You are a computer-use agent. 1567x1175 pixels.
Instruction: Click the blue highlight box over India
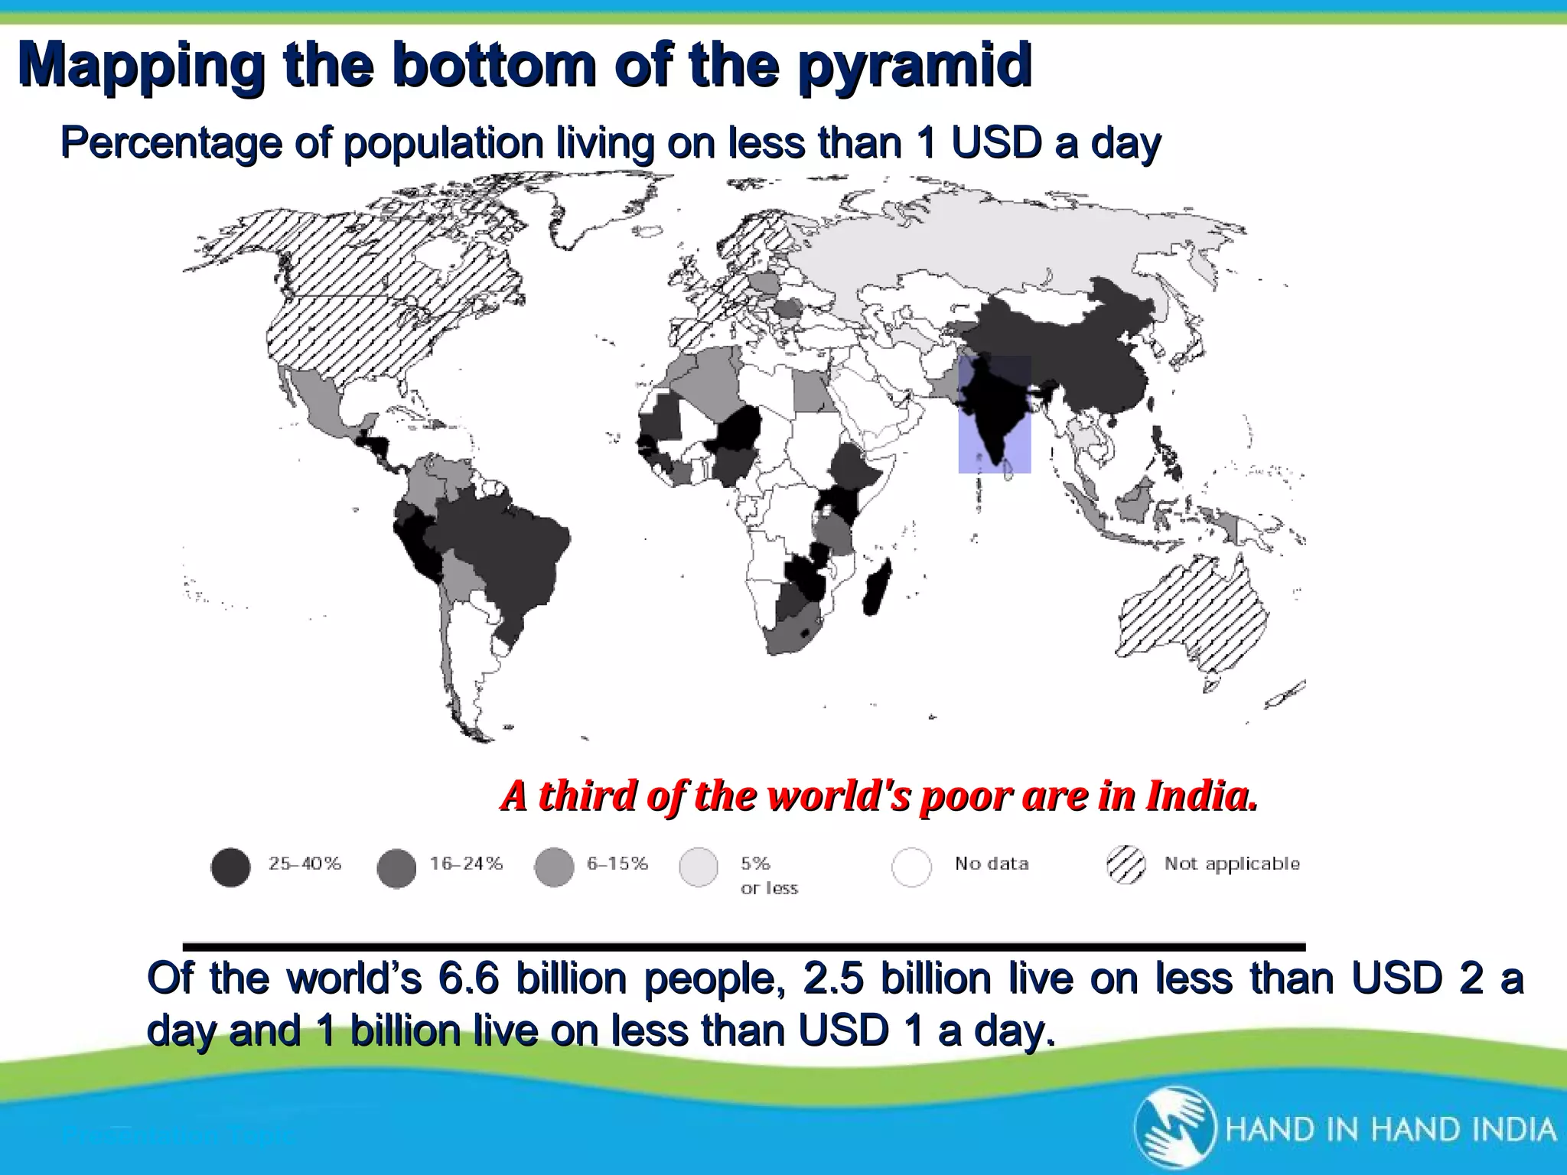pos(994,414)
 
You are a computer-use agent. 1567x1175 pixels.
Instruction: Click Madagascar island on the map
pos(877,588)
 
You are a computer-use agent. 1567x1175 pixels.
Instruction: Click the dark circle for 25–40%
pos(230,867)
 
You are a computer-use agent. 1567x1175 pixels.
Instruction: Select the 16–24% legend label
pos(466,864)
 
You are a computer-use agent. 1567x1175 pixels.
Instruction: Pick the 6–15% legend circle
pos(554,867)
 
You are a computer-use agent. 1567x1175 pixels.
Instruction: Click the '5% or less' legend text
pos(768,875)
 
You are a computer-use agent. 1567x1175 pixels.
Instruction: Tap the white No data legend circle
pos(911,867)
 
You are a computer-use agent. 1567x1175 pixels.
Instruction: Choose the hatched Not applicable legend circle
pos(1126,866)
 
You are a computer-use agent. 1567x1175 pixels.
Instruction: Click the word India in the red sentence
pos(1201,796)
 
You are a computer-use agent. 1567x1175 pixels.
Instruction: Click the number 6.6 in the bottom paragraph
pos(470,978)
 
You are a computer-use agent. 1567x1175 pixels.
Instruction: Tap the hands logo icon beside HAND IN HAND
pos(1174,1129)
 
